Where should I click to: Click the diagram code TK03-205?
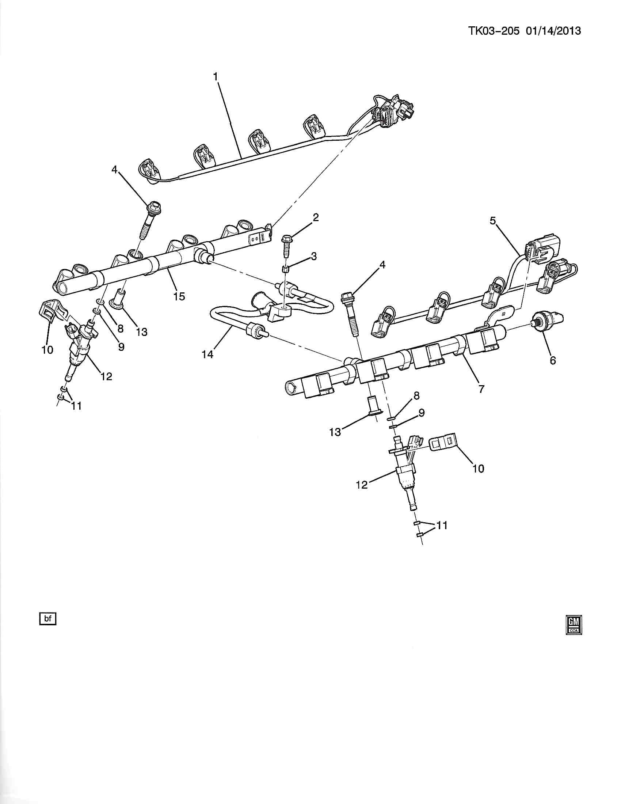point(494,31)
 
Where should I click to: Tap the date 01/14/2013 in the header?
point(553,31)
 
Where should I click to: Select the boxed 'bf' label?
point(48,618)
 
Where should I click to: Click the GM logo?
point(574,625)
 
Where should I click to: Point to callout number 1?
point(216,77)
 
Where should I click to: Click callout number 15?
point(179,296)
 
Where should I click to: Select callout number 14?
point(207,354)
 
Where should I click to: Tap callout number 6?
point(553,360)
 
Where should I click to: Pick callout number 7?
point(481,388)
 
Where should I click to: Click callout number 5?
point(493,220)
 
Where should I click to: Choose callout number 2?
point(316,217)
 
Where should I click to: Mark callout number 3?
point(313,256)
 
